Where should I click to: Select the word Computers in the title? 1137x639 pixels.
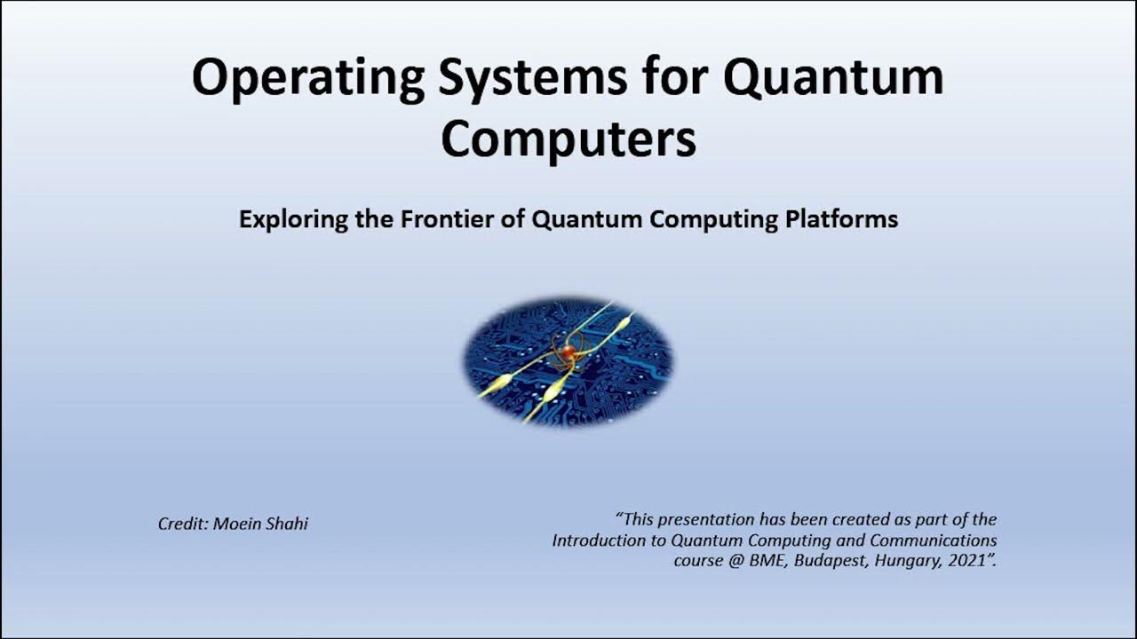(x=568, y=138)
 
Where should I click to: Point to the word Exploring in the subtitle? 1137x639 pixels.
(x=293, y=219)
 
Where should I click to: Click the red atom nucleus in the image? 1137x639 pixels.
(x=568, y=352)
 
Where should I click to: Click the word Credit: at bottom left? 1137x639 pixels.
(x=183, y=524)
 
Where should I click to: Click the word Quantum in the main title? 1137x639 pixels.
(x=832, y=78)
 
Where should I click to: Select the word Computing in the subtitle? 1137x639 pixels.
(x=714, y=219)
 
